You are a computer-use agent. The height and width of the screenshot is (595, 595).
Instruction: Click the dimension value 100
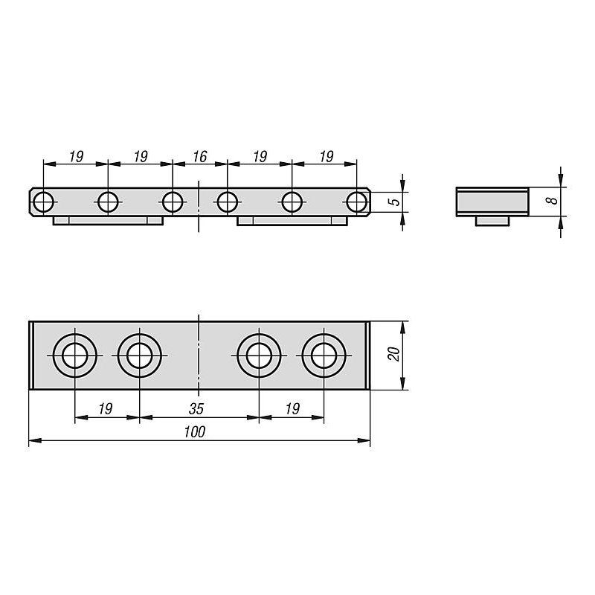tap(195, 432)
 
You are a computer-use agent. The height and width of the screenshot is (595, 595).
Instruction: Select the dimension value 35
tap(196, 408)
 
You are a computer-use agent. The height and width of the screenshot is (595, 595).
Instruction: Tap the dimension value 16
tap(200, 156)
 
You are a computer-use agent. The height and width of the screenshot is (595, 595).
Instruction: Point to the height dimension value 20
tap(394, 354)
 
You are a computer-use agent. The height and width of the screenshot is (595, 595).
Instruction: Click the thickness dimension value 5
tap(396, 201)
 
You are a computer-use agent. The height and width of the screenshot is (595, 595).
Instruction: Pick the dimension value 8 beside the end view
tap(554, 199)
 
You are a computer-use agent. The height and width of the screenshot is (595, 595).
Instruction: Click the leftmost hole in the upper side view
tap(43, 202)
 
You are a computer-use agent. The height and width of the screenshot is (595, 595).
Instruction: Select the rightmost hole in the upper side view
tap(357, 202)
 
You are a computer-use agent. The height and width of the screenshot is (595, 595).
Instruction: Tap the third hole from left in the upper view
tap(173, 202)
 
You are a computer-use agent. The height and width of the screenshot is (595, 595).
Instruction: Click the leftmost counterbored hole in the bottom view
tap(75, 356)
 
